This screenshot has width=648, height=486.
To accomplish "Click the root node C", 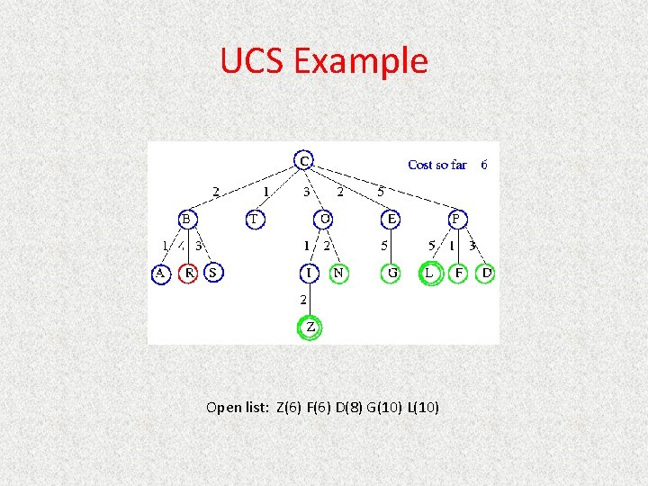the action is tap(305, 160).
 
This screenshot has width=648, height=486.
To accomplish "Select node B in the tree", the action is tap(186, 219).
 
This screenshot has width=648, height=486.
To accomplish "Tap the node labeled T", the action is tap(255, 219).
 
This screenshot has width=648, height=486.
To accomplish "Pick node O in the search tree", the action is tap(324, 219).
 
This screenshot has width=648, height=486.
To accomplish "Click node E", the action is tap(391, 219).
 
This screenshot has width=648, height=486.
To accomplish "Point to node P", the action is tap(456, 219).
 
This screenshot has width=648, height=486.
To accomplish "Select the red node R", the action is tap(189, 272).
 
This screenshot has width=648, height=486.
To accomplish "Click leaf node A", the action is tap(160, 272).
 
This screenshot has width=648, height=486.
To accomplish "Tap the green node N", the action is tap(338, 272).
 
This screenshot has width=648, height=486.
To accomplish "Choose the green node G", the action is tap(391, 272).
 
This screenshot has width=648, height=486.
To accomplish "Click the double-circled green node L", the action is tap(430, 272).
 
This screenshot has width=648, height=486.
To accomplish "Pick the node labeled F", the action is tap(459, 272).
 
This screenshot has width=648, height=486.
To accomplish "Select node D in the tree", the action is tap(486, 272).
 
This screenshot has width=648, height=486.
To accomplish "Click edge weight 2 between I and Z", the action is tap(304, 299).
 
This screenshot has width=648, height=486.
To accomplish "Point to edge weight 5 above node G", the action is tap(385, 245).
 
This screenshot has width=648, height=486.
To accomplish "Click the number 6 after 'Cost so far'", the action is tap(484, 165).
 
